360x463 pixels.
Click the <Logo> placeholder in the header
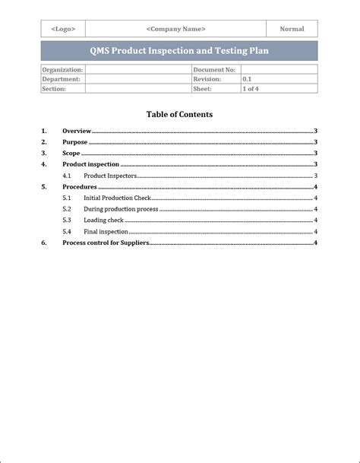pyautogui.click(x=63, y=29)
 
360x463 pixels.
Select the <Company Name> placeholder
pyautogui.click(x=175, y=29)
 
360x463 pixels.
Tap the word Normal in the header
pyautogui.click(x=292, y=29)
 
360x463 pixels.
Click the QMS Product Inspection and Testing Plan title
pyautogui.click(x=179, y=51)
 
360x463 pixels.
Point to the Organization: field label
pyautogui.click(x=62, y=69)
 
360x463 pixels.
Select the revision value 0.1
pyautogui.click(x=248, y=78)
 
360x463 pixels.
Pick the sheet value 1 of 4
pyautogui.click(x=251, y=88)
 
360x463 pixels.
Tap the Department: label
pyautogui.click(x=62, y=78)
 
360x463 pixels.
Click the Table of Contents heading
pyautogui.click(x=179, y=115)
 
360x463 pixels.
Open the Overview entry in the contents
pyautogui.click(x=77, y=131)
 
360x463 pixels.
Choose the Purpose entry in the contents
pyautogui.click(x=75, y=142)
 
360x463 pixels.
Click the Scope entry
pyautogui.click(x=71, y=154)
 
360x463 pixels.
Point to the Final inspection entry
pyautogui.click(x=106, y=231)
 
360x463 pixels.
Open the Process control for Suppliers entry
pyautogui.click(x=106, y=243)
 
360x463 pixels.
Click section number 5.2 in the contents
pyautogui.click(x=67, y=209)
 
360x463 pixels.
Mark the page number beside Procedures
pyautogui.click(x=315, y=187)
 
